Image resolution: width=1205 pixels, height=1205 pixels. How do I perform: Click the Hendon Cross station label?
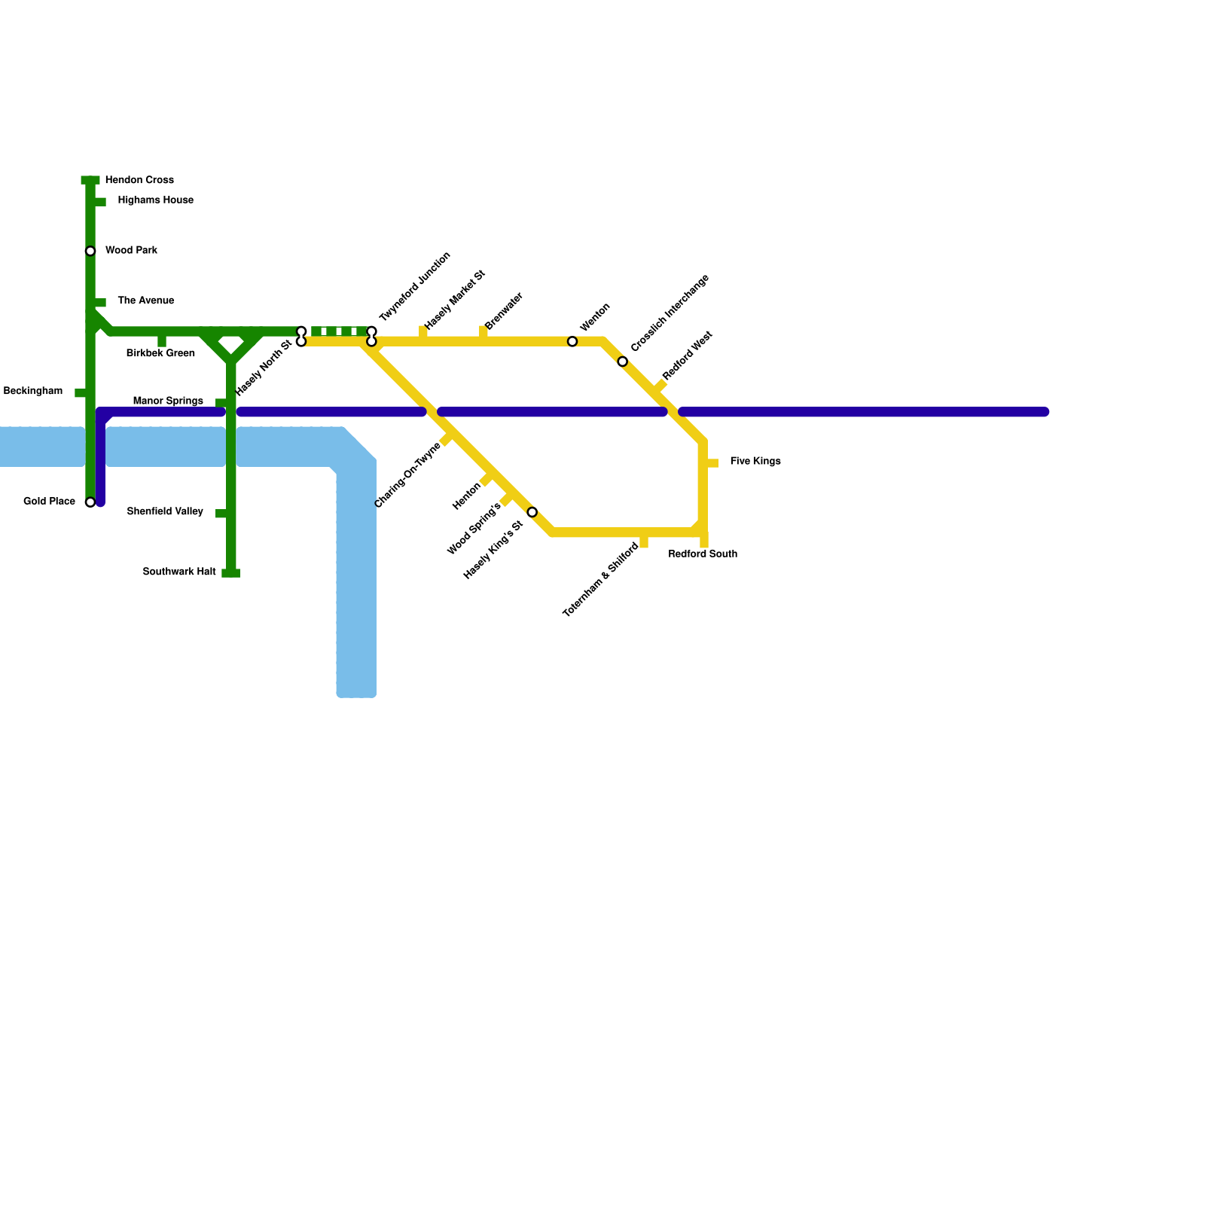pos(139,180)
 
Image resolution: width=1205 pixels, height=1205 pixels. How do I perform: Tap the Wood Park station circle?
pos(90,251)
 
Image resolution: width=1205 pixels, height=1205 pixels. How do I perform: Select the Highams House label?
pos(155,200)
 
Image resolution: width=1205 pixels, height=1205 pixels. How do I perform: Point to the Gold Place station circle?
pos(90,502)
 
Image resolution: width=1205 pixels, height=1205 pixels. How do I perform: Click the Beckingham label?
pos(33,391)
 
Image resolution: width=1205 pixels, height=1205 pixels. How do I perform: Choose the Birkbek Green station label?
pos(160,353)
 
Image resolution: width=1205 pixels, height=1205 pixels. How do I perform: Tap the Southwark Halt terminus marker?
pos(231,573)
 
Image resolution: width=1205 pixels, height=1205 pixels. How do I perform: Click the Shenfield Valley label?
pos(165,511)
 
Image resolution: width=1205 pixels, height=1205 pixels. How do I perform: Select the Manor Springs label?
pos(168,401)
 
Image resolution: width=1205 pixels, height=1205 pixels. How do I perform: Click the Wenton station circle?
pos(572,342)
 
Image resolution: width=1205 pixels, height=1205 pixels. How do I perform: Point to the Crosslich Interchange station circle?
pos(623,361)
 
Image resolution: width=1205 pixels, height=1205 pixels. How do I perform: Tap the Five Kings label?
pos(755,461)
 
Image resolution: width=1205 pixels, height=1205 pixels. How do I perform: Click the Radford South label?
pos(703,554)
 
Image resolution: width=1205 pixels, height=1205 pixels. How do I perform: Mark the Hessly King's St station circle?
pos(532,512)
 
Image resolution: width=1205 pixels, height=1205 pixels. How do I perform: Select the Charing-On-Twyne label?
pos(407,475)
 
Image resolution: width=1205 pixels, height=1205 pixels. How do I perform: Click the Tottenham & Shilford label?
pos(601,580)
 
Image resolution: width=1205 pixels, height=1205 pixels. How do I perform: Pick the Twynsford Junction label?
pos(414,286)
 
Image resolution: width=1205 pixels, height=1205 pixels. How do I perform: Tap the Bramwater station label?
pos(504,311)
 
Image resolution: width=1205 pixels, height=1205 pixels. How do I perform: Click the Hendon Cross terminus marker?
pos(90,180)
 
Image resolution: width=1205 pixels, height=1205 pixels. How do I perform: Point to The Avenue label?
pos(145,300)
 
